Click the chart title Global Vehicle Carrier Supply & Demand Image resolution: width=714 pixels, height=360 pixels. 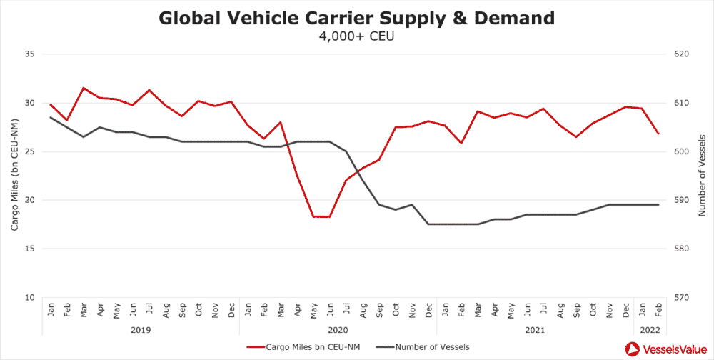pos(356,18)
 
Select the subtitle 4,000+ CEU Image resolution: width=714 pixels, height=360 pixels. pos(356,36)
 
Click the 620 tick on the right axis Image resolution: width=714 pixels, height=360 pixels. pos(683,54)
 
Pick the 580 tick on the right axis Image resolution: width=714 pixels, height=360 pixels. pos(683,249)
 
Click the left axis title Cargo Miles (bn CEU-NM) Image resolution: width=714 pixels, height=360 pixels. pos(14,175)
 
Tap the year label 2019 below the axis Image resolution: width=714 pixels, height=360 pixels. pos(141,330)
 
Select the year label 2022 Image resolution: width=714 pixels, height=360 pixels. pos(650,330)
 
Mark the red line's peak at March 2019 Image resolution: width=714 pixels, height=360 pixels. pos(84,88)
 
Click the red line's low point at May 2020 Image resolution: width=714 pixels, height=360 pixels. pos(313,216)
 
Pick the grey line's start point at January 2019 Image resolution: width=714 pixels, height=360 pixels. pos(51,117)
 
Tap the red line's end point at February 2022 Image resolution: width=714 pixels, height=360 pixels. pos(658,134)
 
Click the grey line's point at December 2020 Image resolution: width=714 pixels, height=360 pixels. pos(428,224)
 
